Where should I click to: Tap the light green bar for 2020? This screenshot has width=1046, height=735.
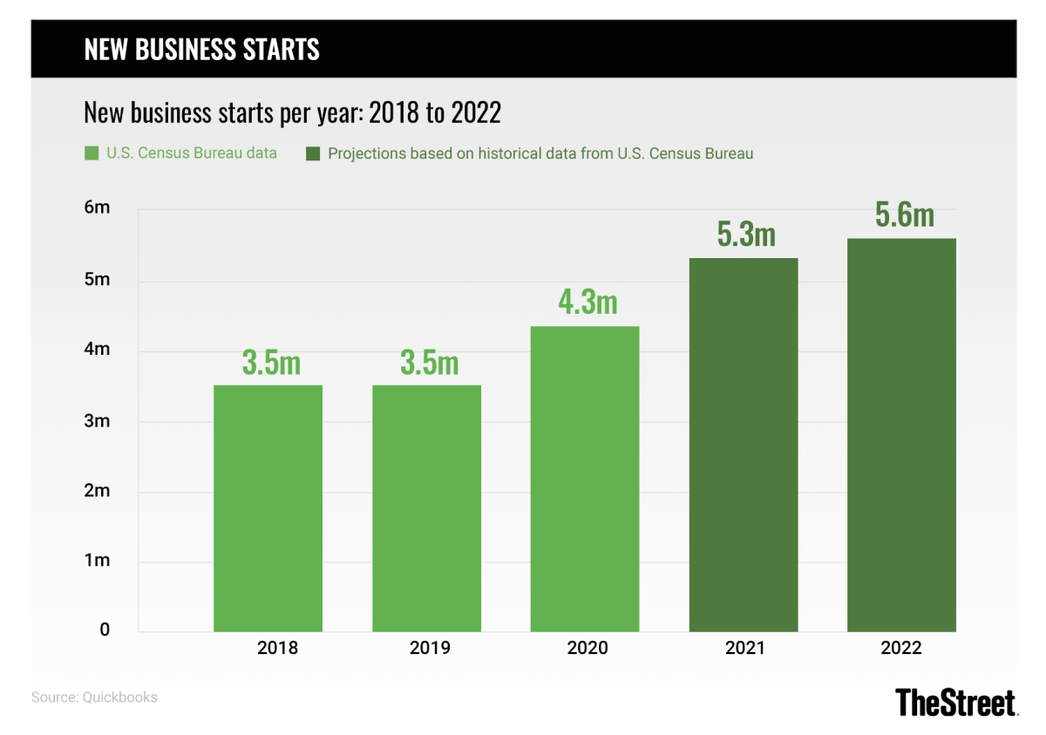[x=585, y=479]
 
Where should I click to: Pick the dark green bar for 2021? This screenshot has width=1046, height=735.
[x=744, y=445]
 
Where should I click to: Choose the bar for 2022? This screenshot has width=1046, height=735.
[x=901, y=435]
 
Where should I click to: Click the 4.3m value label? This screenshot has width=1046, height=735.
[x=588, y=302]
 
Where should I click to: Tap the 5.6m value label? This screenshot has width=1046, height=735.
[x=904, y=214]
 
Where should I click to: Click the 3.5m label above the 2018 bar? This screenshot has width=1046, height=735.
[x=271, y=362]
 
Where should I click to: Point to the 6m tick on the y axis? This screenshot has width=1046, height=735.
[x=98, y=208]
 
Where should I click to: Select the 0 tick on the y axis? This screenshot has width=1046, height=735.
[x=104, y=630]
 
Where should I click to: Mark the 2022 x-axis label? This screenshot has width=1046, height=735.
[x=901, y=648]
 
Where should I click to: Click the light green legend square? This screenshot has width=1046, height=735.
[x=91, y=154]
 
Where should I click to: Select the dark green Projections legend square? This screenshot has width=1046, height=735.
[x=312, y=154]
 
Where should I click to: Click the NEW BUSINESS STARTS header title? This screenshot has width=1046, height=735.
[x=201, y=49]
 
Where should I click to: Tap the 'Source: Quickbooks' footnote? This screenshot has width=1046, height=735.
[x=94, y=698]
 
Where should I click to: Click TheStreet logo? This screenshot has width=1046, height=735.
[x=956, y=702]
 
